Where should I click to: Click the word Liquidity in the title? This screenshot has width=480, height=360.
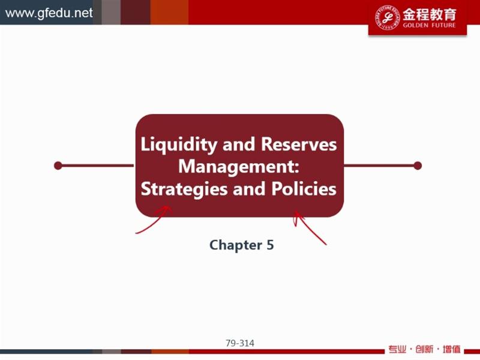pyautogui.click(x=179, y=145)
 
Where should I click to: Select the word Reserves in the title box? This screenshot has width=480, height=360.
pyautogui.click(x=299, y=144)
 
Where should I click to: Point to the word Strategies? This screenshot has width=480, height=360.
pyautogui.click(x=184, y=189)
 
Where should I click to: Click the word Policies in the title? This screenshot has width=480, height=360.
pyautogui.click(x=304, y=188)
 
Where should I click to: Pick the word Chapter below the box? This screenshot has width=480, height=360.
pyautogui.click(x=235, y=245)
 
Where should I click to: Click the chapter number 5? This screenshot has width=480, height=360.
pyautogui.click(x=270, y=245)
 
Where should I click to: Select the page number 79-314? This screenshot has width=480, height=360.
pyautogui.click(x=240, y=343)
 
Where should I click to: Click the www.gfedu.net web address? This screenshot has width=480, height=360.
pyautogui.click(x=49, y=13)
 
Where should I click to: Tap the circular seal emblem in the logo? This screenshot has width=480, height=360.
pyautogui.click(x=387, y=17)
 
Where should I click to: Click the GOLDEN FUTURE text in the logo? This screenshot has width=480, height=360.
pyautogui.click(x=429, y=25)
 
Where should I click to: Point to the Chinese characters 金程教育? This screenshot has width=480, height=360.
pyautogui.click(x=429, y=14)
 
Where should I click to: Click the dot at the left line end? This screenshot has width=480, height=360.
pyautogui.click(x=58, y=166)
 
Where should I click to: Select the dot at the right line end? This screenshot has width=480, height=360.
pyautogui.click(x=418, y=166)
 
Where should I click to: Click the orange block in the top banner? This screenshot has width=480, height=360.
pyautogui.click(x=169, y=12)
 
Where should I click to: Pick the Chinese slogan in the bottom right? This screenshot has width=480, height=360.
pyautogui.click(x=424, y=349)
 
